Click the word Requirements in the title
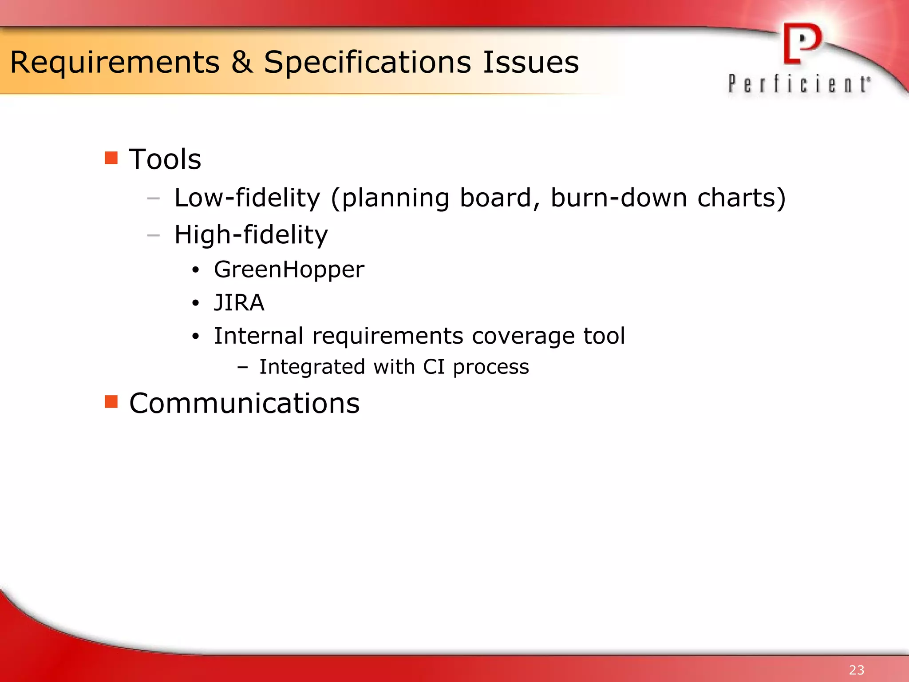[x=115, y=63]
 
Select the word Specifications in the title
[x=367, y=63]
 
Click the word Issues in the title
[x=530, y=62]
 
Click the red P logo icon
[x=802, y=44]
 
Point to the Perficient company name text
[x=799, y=84]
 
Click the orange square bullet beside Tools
[x=111, y=158]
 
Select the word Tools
[x=165, y=159]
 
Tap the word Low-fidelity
[x=247, y=198]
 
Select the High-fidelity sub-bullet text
[x=251, y=235]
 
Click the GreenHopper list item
[x=289, y=270]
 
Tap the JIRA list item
[x=239, y=303]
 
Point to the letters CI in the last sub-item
[x=434, y=367]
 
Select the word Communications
[x=244, y=404]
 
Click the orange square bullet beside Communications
[x=111, y=401]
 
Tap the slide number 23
[x=856, y=670]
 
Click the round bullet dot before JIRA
[x=196, y=304]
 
